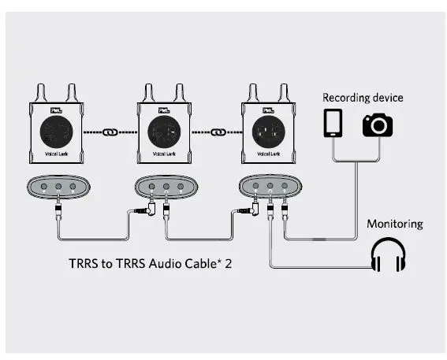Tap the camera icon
tap(377, 124)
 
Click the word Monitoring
tap(394, 224)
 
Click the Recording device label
tap(362, 98)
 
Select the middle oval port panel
tap(166, 187)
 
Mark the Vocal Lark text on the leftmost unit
tap(58, 155)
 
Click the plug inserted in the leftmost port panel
tap(58, 210)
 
